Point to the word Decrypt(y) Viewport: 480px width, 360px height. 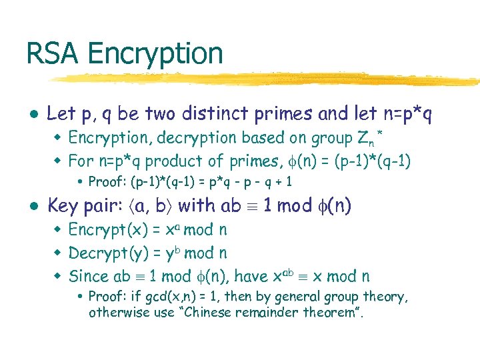click(x=104, y=253)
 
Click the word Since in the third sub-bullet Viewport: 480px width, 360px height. click(x=89, y=276)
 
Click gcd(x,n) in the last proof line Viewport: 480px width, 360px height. click(x=169, y=297)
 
